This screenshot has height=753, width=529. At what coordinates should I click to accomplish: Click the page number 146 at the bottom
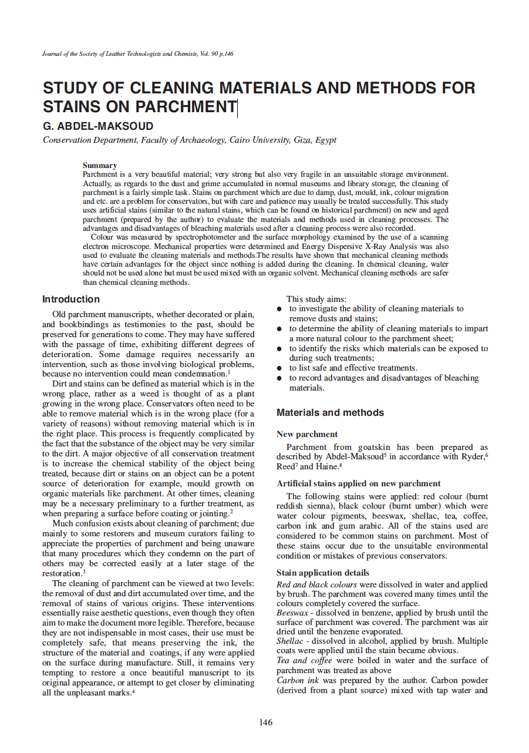pos(265,722)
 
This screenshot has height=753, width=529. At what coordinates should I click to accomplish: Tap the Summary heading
pos(99,166)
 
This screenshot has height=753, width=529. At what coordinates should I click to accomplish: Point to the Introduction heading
pos(71,300)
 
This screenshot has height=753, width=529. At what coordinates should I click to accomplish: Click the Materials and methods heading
pos(330,412)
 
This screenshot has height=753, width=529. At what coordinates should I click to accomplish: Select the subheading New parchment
pos(307,434)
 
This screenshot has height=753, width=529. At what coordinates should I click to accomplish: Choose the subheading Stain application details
pos(323,573)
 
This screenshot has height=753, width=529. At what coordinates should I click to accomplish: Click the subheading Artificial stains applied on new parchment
pos(358,483)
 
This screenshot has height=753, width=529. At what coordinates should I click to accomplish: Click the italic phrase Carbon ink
pos(297,680)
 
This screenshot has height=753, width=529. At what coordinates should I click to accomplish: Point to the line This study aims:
pos(316,299)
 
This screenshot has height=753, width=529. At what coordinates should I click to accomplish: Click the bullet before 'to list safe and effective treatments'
pos(280,369)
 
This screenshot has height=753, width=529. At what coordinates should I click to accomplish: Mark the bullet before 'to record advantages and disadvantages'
pos(280,379)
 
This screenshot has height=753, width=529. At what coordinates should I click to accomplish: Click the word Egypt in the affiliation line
pos(326,140)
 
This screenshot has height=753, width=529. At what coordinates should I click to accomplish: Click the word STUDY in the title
pos(72,88)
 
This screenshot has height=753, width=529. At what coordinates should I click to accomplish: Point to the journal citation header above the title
pos(138,54)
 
